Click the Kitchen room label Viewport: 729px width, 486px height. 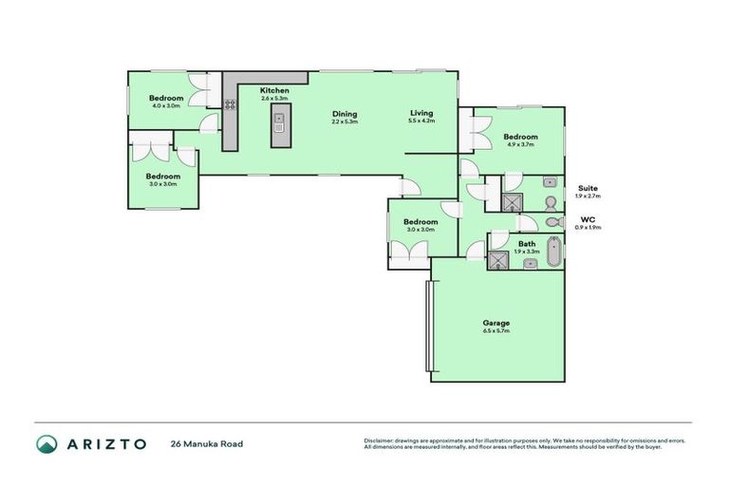[275, 90]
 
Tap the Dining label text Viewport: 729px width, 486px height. [345, 113]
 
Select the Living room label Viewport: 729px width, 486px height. [421, 113]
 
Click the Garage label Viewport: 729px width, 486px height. [496, 323]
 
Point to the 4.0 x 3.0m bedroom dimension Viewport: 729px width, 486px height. [165, 105]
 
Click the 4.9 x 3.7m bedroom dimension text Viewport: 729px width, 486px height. [520, 144]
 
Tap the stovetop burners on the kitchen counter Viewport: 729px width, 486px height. [231, 105]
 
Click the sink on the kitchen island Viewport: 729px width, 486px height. [279, 121]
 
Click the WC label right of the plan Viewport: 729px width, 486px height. [589, 219]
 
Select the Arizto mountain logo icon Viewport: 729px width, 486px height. [47, 443]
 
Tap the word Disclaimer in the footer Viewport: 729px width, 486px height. [381, 440]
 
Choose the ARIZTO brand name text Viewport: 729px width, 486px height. [106, 443]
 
